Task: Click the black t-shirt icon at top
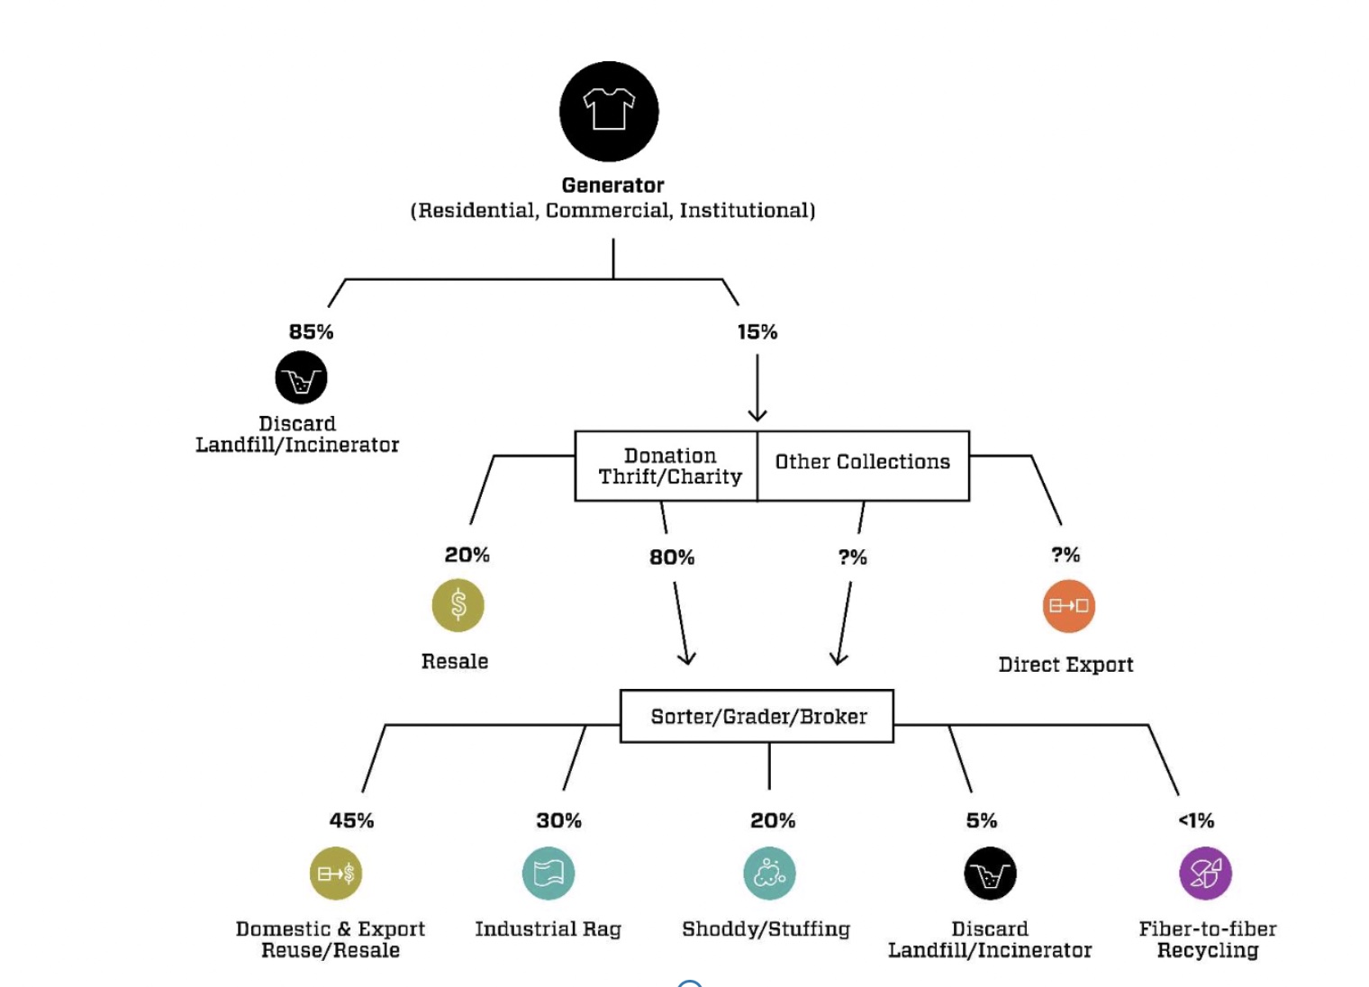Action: point(609,111)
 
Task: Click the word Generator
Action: point(612,185)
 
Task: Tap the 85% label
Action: point(311,331)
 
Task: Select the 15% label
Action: point(757,331)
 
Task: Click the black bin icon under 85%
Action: point(301,377)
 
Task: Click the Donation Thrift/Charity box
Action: point(669,466)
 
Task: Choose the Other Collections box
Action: point(862,462)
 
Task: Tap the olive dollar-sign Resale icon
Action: point(458,604)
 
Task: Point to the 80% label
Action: point(672,557)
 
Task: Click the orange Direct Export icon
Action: point(1068,605)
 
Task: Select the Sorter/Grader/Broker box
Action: point(757,716)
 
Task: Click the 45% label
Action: point(351,820)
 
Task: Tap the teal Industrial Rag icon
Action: point(549,873)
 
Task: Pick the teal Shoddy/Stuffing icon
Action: point(769,873)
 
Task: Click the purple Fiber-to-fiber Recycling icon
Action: point(1205,873)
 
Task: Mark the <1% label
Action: point(1196,820)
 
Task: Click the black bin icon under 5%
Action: point(990,873)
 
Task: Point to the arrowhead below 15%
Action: point(757,415)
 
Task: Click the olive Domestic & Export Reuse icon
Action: point(336,873)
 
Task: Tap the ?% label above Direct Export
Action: point(1065,555)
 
